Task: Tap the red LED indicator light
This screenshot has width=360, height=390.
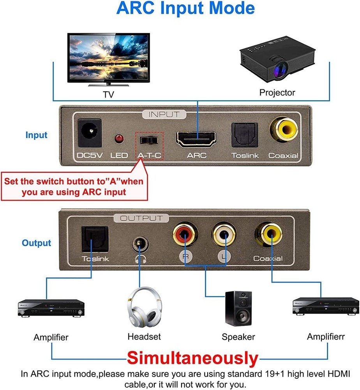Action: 118,138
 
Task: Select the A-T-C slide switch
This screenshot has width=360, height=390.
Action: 150,140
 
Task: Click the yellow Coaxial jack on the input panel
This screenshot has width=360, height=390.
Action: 283,132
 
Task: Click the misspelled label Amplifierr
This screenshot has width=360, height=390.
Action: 326,336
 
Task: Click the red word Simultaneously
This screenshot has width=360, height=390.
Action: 193,358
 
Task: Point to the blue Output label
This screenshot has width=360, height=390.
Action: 36,243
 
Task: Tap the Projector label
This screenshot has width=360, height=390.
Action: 277,92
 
